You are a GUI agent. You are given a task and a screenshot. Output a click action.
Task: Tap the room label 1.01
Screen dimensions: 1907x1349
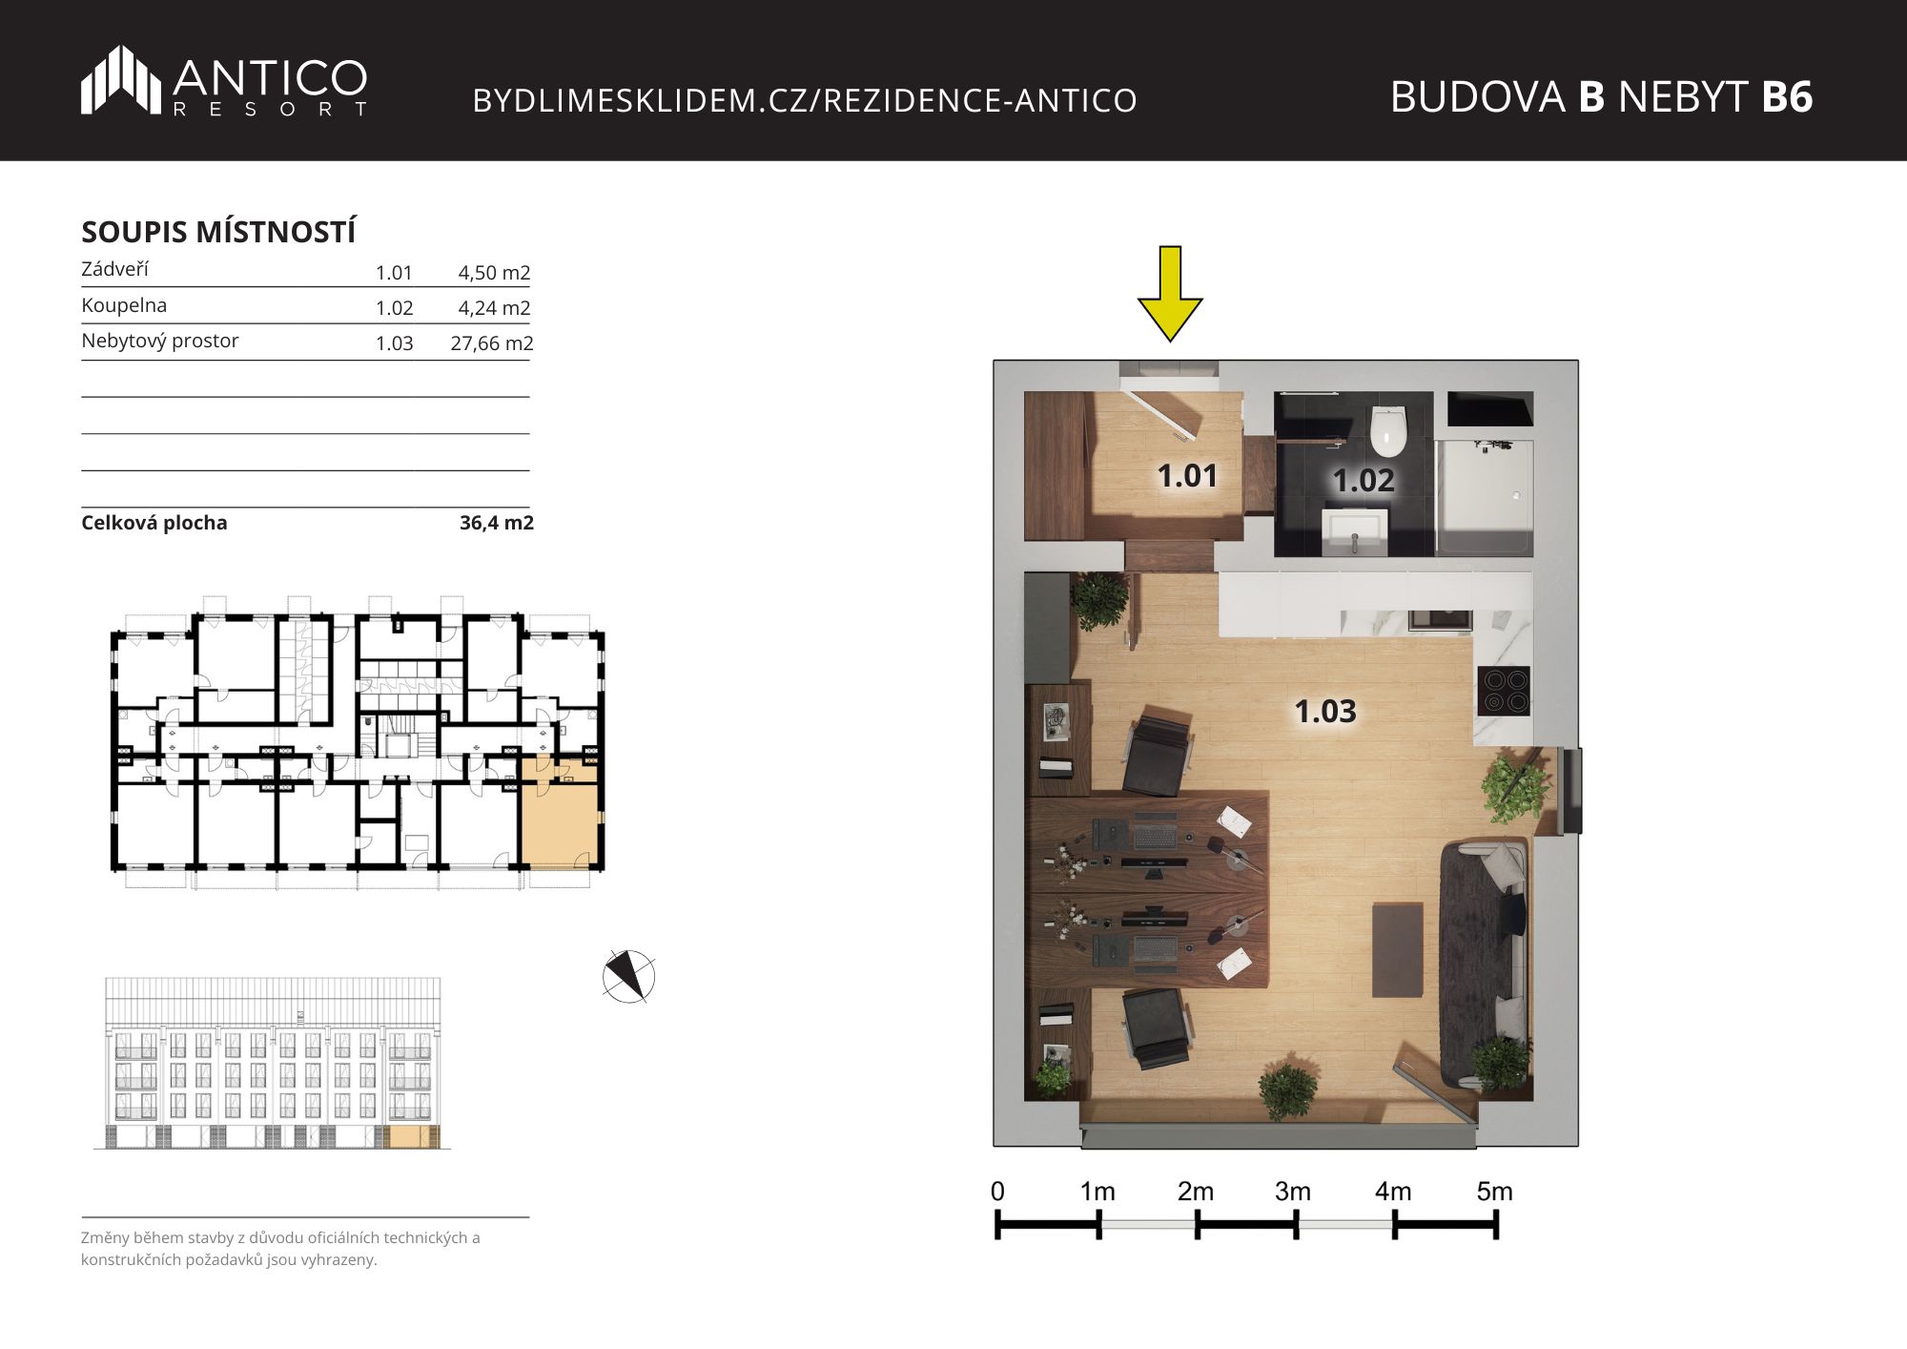tap(1187, 475)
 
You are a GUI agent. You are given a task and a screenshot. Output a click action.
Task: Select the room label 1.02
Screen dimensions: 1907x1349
tap(1364, 480)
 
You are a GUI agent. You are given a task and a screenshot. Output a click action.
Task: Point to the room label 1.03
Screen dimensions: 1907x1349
tap(1325, 711)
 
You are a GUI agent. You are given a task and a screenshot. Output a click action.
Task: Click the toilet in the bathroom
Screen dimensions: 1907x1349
tap(1388, 431)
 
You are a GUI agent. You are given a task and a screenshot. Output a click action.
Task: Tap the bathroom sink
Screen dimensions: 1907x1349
tap(1354, 530)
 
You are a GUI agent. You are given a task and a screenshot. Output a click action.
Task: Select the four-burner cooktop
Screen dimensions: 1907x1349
tap(1504, 691)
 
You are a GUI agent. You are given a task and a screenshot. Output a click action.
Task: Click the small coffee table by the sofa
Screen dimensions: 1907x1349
tap(1397, 950)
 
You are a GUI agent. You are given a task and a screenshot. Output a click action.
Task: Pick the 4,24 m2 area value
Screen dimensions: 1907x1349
tap(494, 307)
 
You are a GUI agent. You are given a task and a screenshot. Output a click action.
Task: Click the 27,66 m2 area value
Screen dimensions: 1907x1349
tap(492, 342)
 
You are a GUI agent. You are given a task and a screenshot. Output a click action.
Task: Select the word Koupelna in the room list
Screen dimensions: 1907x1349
tap(124, 305)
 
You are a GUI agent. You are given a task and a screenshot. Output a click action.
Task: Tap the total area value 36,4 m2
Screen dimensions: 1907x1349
tap(497, 523)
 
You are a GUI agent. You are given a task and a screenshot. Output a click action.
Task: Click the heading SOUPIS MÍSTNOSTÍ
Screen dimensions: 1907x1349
tap(218, 232)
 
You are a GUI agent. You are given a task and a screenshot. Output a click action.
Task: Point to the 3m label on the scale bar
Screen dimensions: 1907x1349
tap(1293, 1192)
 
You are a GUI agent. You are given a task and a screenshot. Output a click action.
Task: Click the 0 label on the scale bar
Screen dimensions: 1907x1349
tap(997, 1192)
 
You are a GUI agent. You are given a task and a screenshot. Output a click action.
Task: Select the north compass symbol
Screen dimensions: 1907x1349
tap(629, 977)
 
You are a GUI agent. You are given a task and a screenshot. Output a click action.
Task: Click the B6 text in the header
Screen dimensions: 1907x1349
tap(1787, 96)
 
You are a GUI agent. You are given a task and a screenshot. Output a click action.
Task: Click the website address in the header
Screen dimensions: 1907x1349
tap(805, 100)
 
